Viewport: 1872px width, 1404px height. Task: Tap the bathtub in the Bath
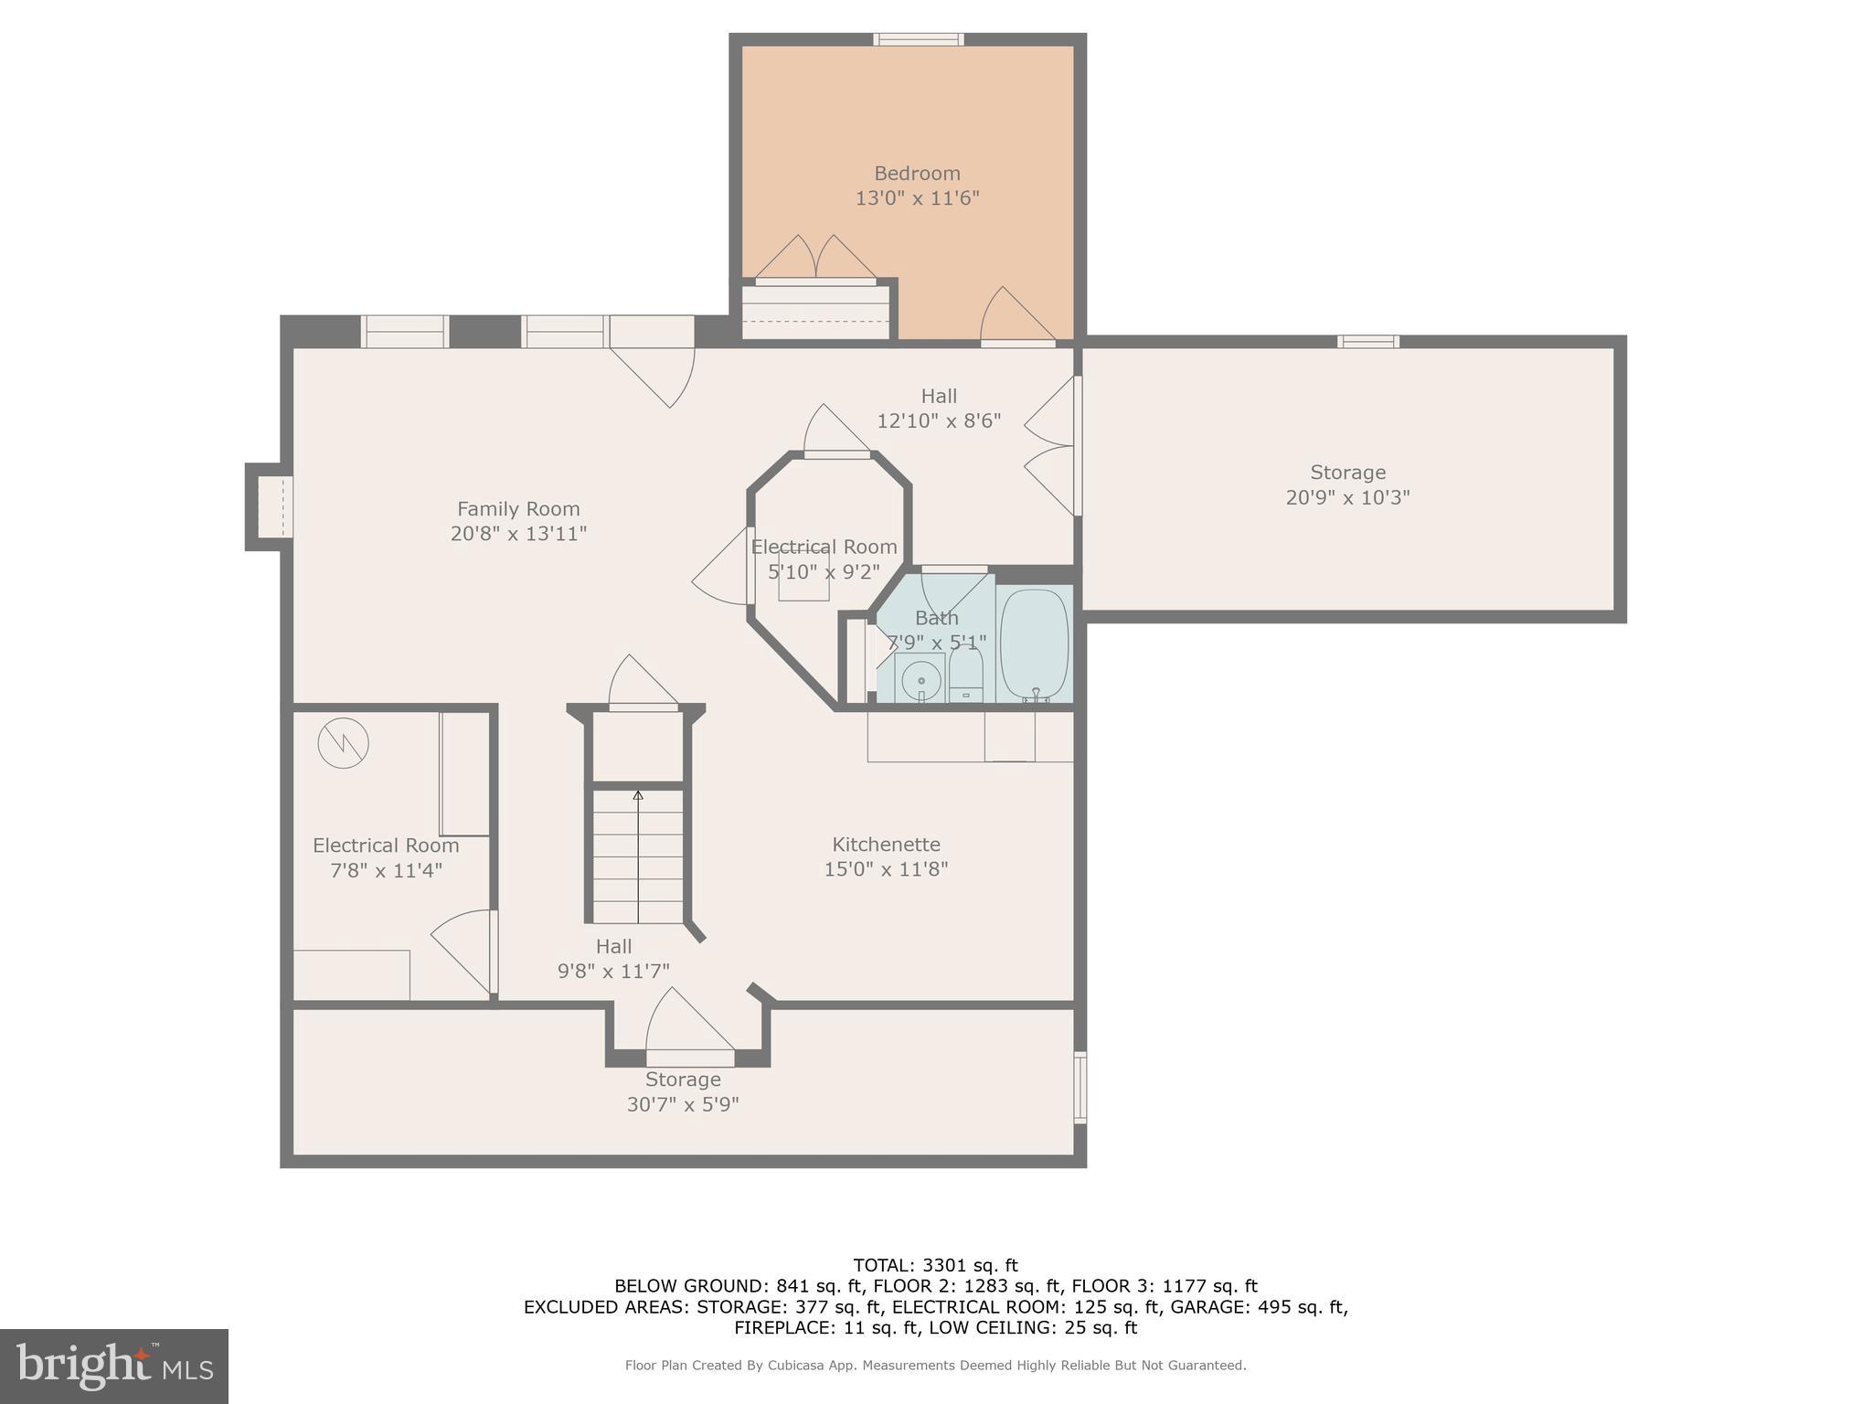(x=1034, y=644)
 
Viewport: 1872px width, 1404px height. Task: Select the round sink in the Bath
(x=920, y=680)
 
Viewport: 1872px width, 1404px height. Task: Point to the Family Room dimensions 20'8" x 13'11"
(x=518, y=534)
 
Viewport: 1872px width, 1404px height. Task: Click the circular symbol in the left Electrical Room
(x=343, y=743)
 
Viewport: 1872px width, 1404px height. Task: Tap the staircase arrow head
(x=638, y=796)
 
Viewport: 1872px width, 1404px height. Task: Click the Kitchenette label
(x=886, y=845)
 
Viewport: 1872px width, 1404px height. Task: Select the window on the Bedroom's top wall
(x=919, y=39)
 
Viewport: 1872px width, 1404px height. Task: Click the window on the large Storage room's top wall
(x=1367, y=342)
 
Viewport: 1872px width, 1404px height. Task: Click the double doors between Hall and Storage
(x=1051, y=447)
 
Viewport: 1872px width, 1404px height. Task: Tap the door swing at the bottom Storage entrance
(x=690, y=1024)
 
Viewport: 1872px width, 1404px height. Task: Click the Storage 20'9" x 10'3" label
(x=1347, y=485)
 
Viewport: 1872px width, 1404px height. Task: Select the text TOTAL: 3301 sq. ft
(x=935, y=1266)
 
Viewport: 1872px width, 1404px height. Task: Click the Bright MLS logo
(x=114, y=1367)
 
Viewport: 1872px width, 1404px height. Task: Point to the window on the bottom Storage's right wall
(x=1080, y=1087)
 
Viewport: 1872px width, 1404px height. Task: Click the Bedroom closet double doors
(x=815, y=259)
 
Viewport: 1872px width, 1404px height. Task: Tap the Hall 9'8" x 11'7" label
(x=613, y=959)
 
